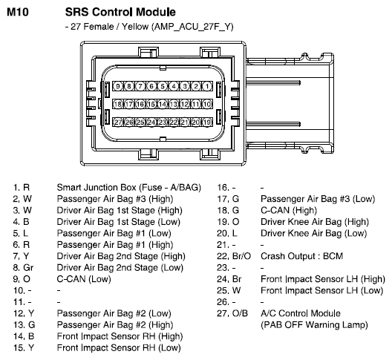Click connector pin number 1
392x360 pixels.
pos(207,86)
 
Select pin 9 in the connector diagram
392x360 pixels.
pos(118,86)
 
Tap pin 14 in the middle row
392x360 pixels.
pos(163,104)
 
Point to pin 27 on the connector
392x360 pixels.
pos(118,122)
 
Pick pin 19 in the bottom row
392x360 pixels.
pos(207,122)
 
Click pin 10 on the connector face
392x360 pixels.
pos(207,104)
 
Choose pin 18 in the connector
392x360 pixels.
pos(118,104)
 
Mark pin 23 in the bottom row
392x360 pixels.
pos(163,122)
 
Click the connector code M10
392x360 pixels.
pos(18,12)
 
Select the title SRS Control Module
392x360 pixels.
pos(120,12)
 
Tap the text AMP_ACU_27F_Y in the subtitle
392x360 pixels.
pos(192,27)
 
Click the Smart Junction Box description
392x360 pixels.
pos(129,188)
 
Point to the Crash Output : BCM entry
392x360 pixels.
pos(301,256)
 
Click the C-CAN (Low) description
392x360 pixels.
pos(84,279)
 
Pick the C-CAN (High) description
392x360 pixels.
pos(289,211)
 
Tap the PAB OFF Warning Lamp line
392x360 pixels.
pos(314,325)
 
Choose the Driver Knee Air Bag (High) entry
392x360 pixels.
pos(315,222)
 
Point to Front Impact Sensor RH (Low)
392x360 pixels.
pos(119,348)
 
